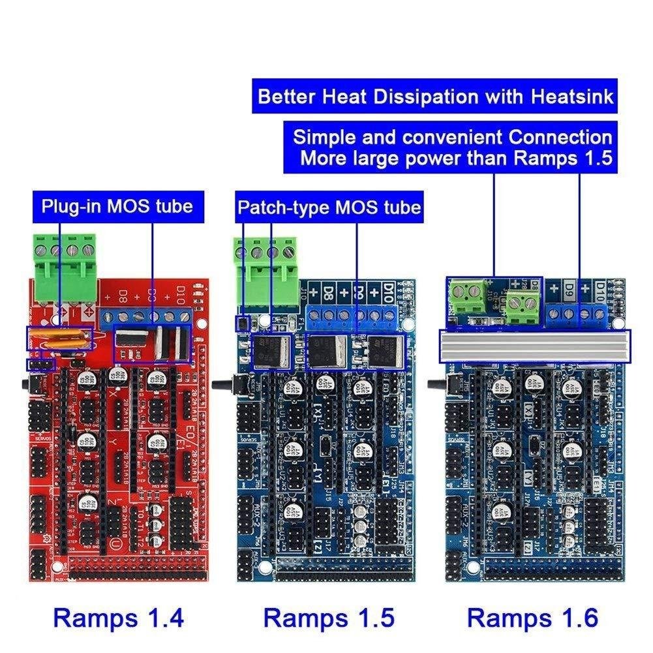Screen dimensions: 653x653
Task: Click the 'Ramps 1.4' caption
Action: click(119, 616)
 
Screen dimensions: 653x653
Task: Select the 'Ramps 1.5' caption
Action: click(329, 616)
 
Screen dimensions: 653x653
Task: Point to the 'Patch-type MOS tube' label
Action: click(329, 208)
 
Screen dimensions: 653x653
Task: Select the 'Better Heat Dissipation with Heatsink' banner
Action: click(435, 97)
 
